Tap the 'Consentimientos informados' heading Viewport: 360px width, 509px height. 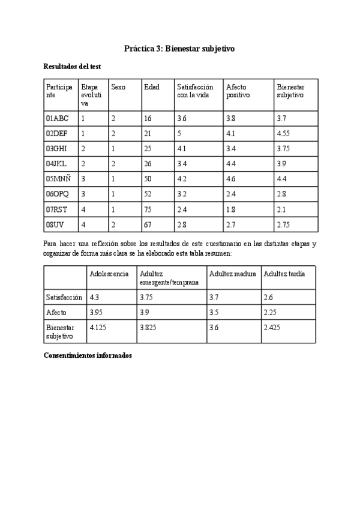pos(88,355)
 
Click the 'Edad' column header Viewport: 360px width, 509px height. pos(151,87)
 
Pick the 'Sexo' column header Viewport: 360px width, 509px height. pos(118,87)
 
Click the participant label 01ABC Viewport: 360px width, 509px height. pos(57,119)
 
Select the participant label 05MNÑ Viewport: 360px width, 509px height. pos(58,178)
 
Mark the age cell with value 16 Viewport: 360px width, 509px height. pos(148,119)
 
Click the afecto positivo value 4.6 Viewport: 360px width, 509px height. pos(231,178)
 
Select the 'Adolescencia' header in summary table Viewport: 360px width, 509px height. pos(109,274)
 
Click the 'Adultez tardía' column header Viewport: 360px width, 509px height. pos(284,274)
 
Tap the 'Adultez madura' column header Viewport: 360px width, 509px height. pos(232,274)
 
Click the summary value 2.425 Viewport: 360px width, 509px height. pos(272,327)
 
